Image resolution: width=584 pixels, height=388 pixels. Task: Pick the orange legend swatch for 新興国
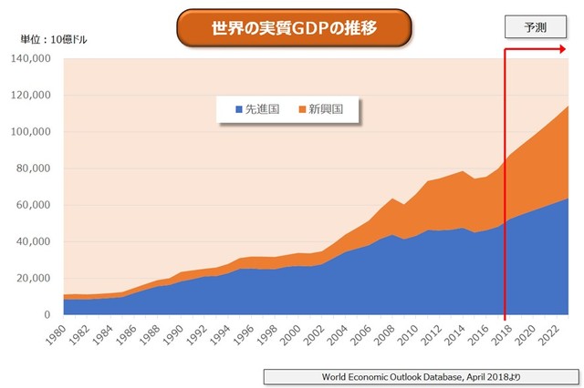300,109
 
